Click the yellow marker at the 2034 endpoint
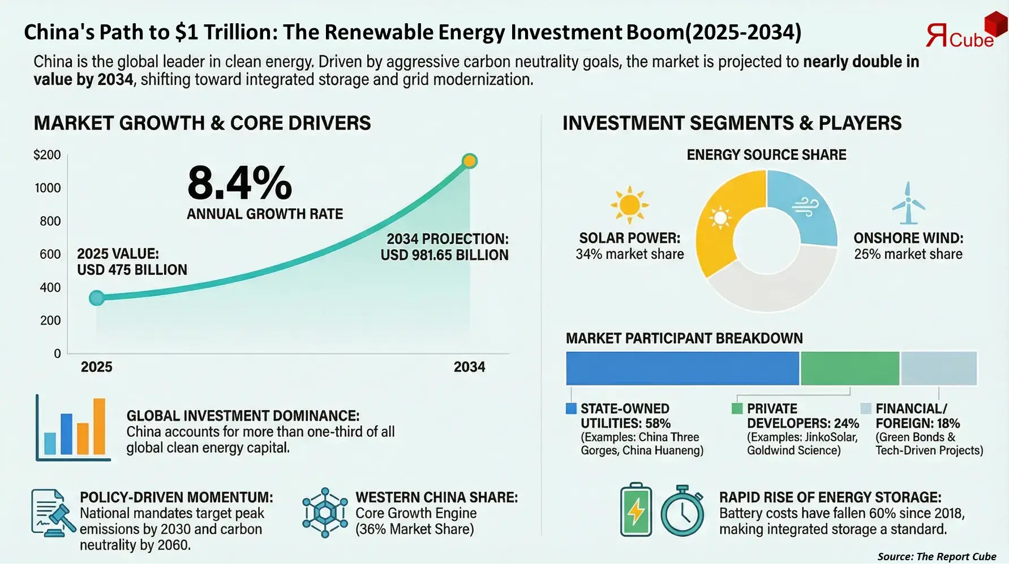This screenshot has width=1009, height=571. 469,161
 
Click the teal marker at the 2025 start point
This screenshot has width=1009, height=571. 97,297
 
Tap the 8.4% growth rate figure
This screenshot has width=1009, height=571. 239,184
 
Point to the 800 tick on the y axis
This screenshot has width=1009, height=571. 50,221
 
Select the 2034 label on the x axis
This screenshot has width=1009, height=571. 469,367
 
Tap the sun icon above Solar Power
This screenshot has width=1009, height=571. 629,204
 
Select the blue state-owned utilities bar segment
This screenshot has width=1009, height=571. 682,368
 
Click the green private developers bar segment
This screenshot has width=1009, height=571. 849,368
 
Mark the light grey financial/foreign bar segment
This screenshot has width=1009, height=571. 938,368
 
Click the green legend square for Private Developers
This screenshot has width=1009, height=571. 737,408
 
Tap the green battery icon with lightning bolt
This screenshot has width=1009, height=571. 636,510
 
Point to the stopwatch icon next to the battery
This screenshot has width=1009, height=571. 682,511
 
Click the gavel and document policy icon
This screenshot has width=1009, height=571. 53,513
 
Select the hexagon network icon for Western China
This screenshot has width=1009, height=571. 325,513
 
